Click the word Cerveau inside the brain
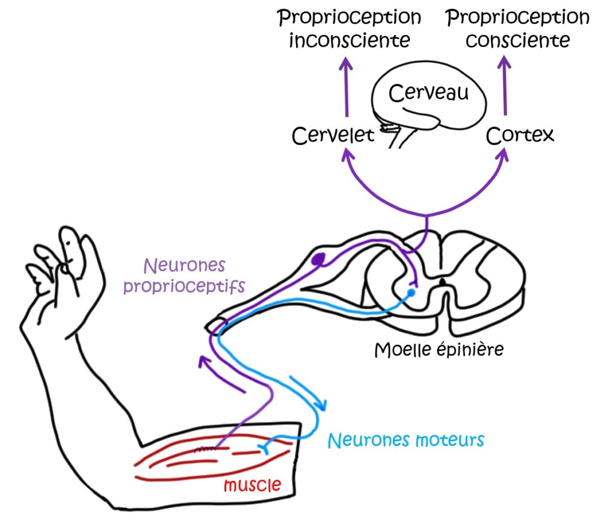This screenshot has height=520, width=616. [428, 93]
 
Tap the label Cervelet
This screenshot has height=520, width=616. [333, 135]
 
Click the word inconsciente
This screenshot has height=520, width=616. [350, 41]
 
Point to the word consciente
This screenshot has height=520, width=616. [518, 41]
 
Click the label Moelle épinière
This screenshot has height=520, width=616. [439, 350]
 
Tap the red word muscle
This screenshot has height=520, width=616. [252, 484]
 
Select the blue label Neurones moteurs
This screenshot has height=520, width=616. [405, 440]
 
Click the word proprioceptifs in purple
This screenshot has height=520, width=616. [184, 285]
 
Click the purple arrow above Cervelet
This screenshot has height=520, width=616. [346, 84]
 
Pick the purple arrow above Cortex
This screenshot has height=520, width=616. [504, 84]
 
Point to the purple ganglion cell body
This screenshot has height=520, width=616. [319, 260]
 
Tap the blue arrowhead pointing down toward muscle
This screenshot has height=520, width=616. [322, 403]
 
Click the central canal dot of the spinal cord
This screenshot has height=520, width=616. [443, 281]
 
